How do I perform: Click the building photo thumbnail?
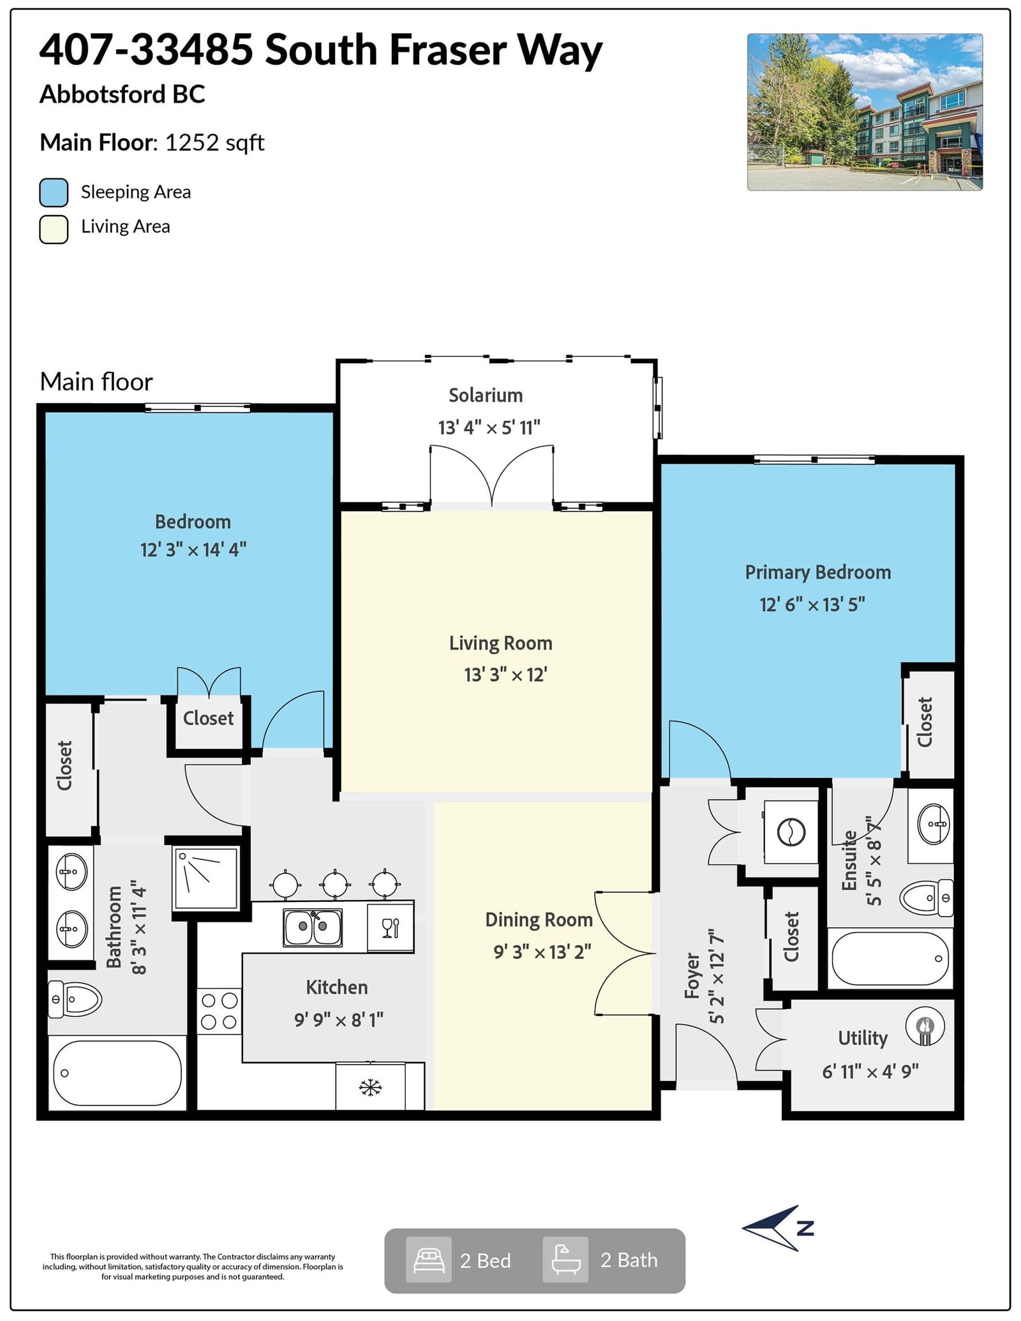coord(865,112)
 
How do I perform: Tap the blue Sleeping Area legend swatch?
coord(54,193)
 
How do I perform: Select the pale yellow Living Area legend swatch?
coord(54,230)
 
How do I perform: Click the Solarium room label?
coord(486,395)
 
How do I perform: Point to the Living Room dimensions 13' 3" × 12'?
coord(505,674)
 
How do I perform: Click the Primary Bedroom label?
coord(818,572)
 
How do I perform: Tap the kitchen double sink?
coord(313,927)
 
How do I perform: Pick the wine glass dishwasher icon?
coord(391,927)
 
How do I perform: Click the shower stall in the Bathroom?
coord(206,878)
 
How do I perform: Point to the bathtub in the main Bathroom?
coord(117,1073)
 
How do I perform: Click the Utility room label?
coord(863,1038)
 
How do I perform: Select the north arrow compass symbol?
coord(777,1228)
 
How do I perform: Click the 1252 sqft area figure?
coord(214,143)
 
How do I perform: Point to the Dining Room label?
coord(539,920)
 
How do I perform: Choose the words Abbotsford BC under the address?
coord(123,94)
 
